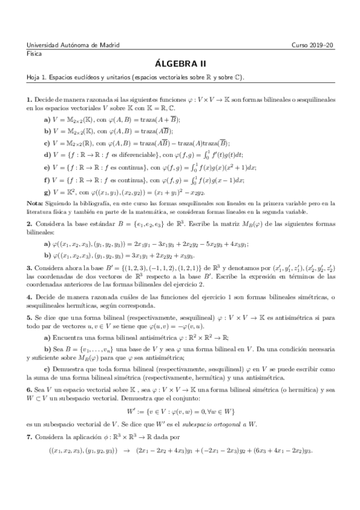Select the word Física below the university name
coord(34,54)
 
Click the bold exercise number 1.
coord(29,99)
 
